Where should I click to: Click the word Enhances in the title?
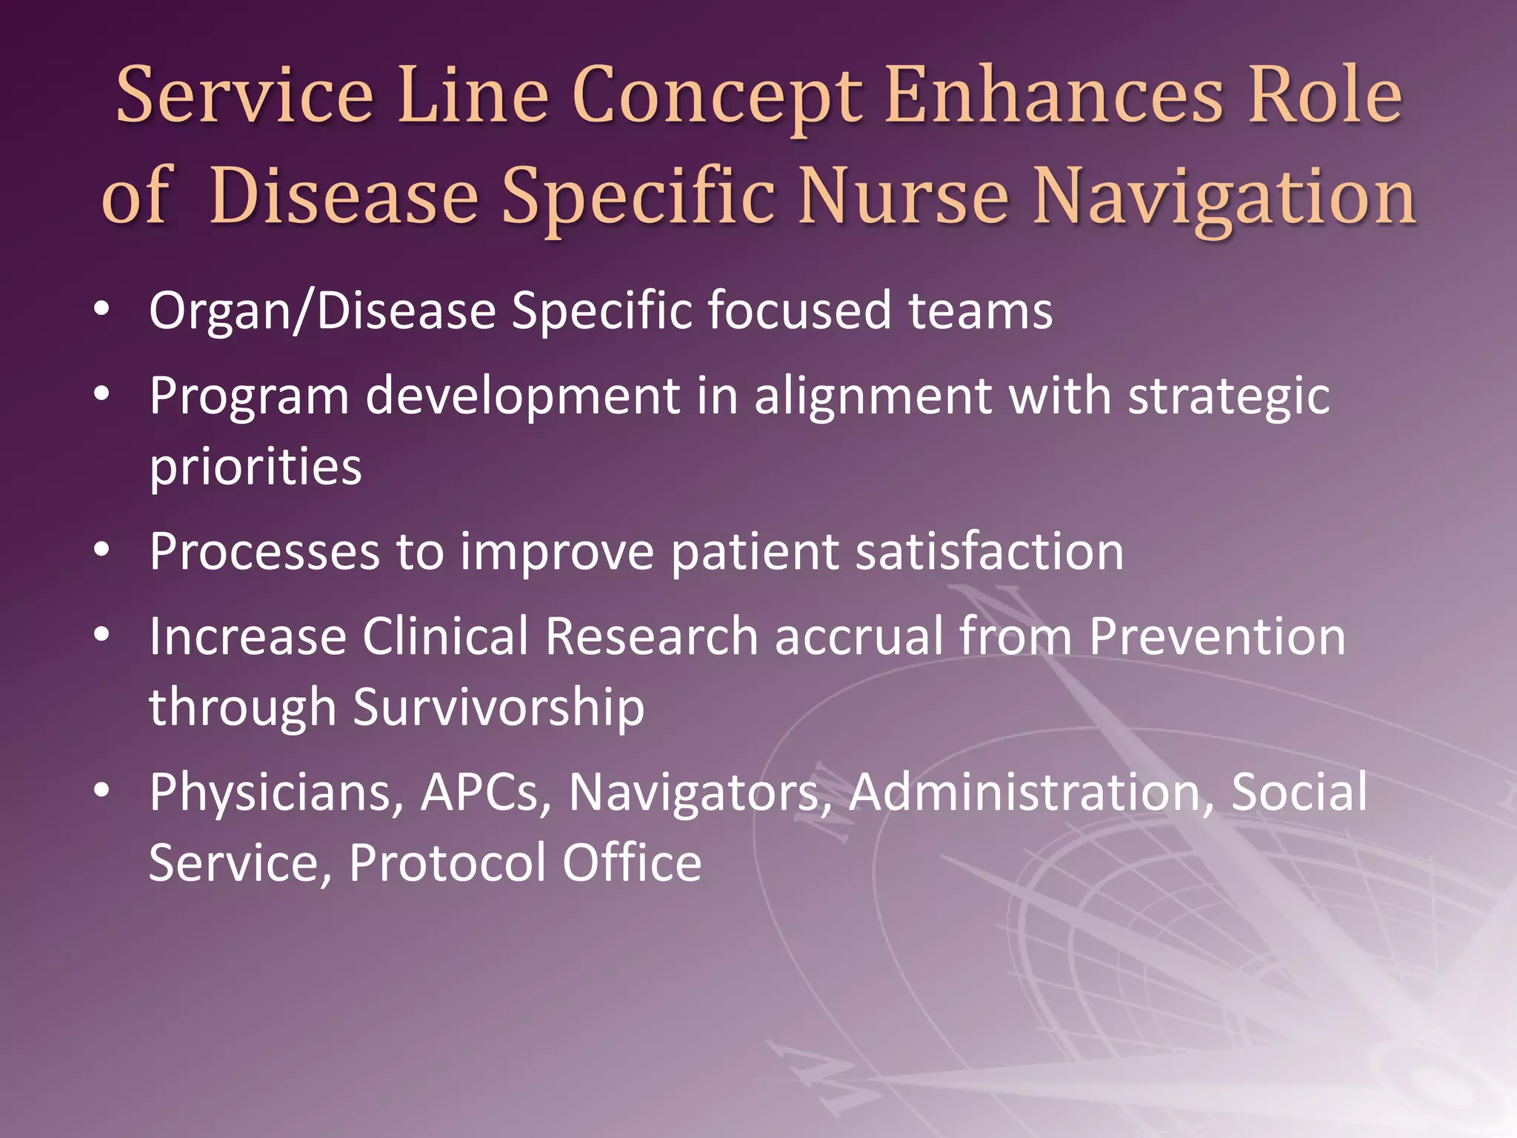[1053, 96]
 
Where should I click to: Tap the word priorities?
[256, 467]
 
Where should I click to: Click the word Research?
[651, 636]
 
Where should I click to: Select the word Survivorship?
[499, 707]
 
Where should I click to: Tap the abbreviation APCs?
[486, 793]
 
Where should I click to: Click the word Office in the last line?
[631, 862]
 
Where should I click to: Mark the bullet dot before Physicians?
[102, 791]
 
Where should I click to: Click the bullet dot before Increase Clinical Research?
[102, 634]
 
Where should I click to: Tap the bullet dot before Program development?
[102, 393]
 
